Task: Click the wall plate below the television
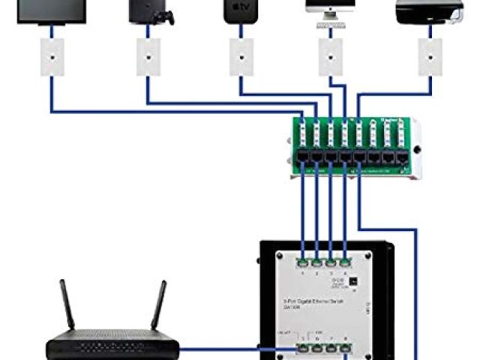51,57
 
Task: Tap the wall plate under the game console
146,57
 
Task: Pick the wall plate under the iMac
329,57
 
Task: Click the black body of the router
113,349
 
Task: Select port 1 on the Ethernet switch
303,263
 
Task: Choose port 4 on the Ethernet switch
345,263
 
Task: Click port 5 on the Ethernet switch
303,347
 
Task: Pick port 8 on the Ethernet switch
345,347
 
